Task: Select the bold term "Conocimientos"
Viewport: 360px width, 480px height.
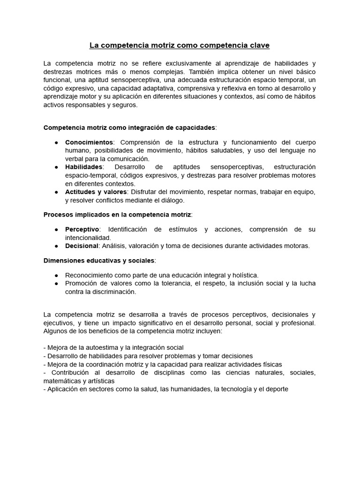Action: [x=89, y=142]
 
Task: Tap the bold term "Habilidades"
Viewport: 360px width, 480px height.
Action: [x=83, y=167]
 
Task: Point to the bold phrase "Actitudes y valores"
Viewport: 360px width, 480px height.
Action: [x=96, y=192]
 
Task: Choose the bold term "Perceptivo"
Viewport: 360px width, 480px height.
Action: [x=82, y=229]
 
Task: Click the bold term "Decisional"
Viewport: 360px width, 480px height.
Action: [x=82, y=246]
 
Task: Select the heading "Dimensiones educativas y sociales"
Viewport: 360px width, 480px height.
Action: [x=99, y=260]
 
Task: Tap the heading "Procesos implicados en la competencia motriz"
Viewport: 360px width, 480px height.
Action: [x=117, y=215]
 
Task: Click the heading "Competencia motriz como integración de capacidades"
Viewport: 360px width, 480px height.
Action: [x=129, y=127]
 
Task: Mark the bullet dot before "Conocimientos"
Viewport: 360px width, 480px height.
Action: [x=56, y=142]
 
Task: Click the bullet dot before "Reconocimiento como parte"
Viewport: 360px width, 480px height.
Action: [x=56, y=275]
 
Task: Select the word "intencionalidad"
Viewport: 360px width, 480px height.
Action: [x=88, y=238]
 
